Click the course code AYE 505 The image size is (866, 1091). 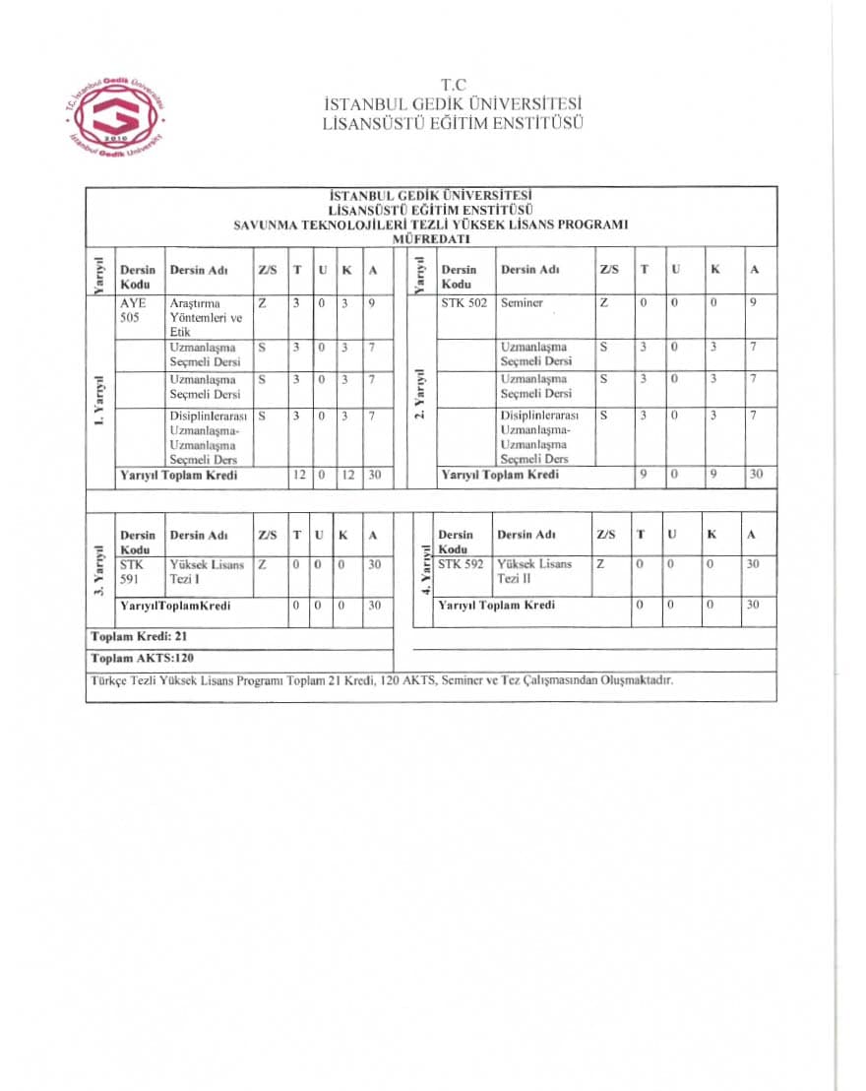click(133, 310)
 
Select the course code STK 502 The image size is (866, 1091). click(463, 303)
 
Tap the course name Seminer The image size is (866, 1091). click(522, 303)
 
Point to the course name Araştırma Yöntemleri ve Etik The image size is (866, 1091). click(206, 317)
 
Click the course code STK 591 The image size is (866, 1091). click(132, 572)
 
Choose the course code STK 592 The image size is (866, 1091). click(462, 564)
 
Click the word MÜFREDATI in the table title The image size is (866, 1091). click(430, 238)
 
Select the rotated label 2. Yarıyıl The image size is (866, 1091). click(421, 394)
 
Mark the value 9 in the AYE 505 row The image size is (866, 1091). click(371, 303)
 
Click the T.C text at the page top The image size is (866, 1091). click(453, 86)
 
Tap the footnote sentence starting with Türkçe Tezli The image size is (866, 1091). click(382, 680)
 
